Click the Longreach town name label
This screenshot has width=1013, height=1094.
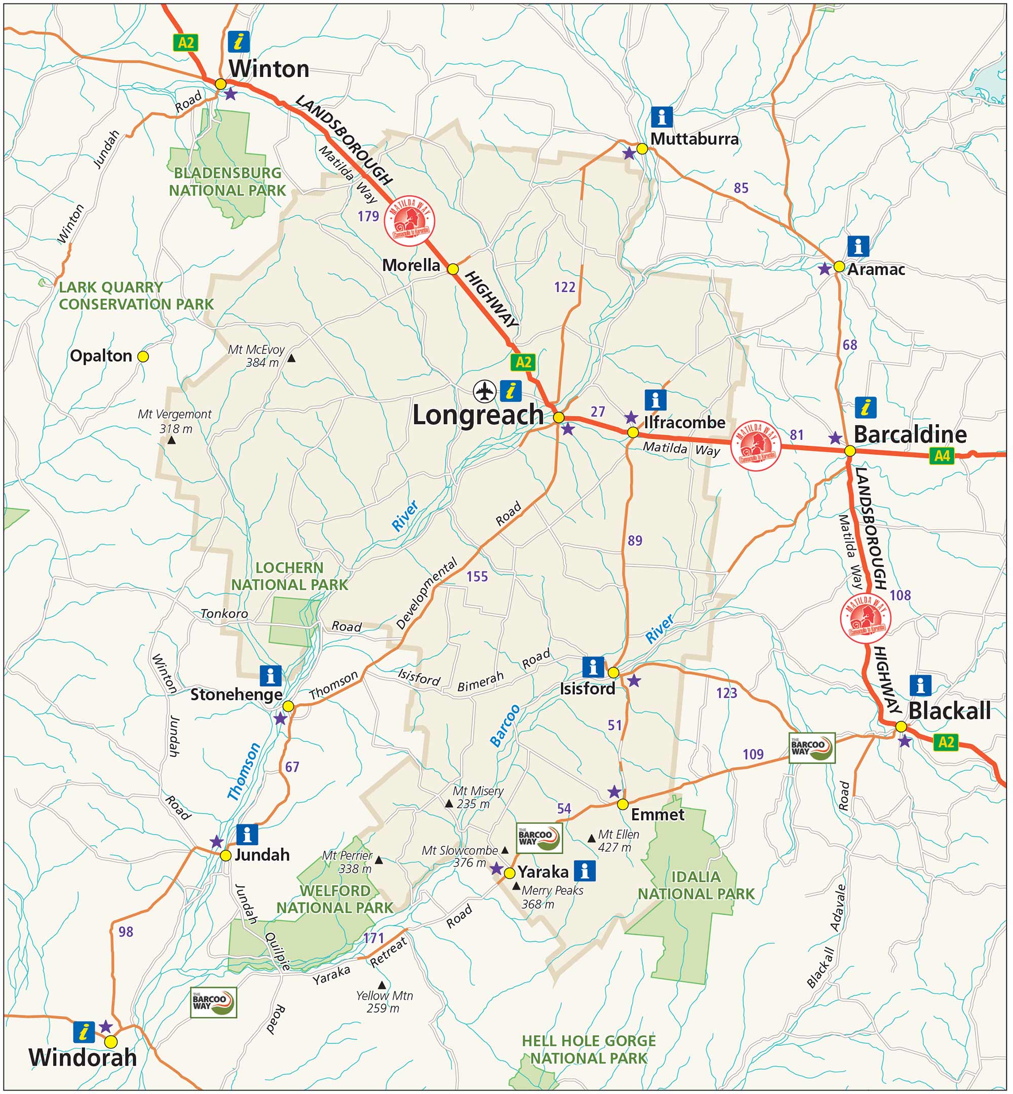tap(478, 415)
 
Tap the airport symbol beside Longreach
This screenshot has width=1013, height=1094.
tap(485, 392)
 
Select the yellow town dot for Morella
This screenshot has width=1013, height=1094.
tap(453, 269)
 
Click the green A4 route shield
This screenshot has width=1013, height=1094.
tap(942, 456)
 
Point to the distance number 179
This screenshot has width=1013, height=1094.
tap(368, 216)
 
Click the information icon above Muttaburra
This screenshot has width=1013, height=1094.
tap(661, 117)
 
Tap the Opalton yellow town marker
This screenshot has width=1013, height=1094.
tap(142, 356)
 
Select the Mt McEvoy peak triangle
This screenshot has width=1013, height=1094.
tap(292, 359)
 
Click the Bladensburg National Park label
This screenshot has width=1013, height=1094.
tap(227, 181)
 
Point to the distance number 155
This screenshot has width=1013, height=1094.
tap(477, 576)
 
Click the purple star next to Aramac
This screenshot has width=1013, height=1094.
tap(824, 269)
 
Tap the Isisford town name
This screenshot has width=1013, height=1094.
tap(587, 689)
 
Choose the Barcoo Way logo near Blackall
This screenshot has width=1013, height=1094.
tap(811, 747)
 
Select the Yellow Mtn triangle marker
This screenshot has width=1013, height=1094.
tap(382, 985)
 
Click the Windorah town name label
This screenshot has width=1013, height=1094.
tap(82, 1057)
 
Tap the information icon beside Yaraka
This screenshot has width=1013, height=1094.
tap(585, 871)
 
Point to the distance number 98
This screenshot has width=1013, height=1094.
tap(126, 932)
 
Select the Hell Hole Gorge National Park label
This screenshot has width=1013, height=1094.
tap(588, 1049)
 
